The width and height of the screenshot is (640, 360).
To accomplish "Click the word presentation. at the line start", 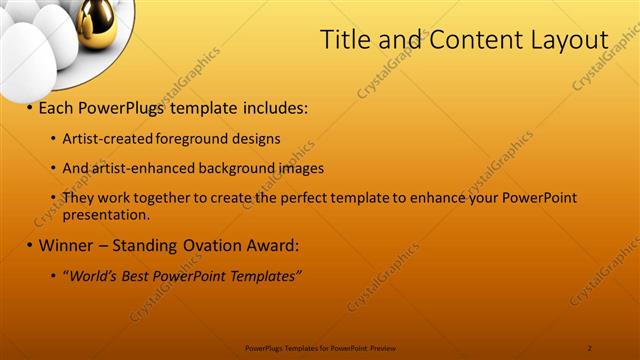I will tap(105, 213).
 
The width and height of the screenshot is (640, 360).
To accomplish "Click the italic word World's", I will tap(91, 276).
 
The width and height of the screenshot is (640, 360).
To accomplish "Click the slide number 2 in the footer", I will tap(590, 348).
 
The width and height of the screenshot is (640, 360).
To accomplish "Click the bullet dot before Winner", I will tap(30, 245).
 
